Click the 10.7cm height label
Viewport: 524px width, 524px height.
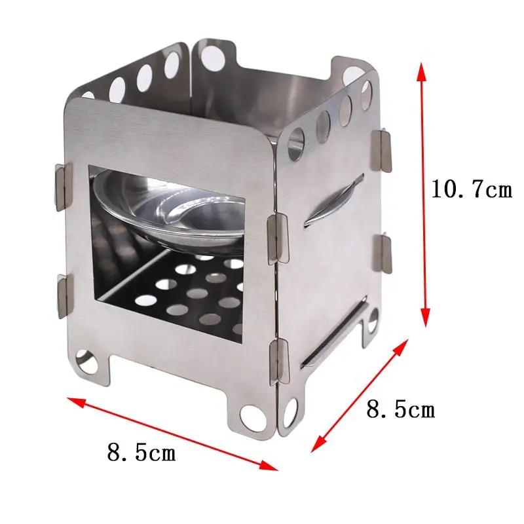click(x=470, y=190)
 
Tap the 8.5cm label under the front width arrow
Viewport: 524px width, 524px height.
click(x=141, y=452)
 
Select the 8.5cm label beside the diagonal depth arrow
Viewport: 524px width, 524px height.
click(x=400, y=410)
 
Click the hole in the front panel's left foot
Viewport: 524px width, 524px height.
click(x=84, y=359)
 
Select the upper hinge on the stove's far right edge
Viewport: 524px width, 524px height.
click(x=383, y=148)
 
